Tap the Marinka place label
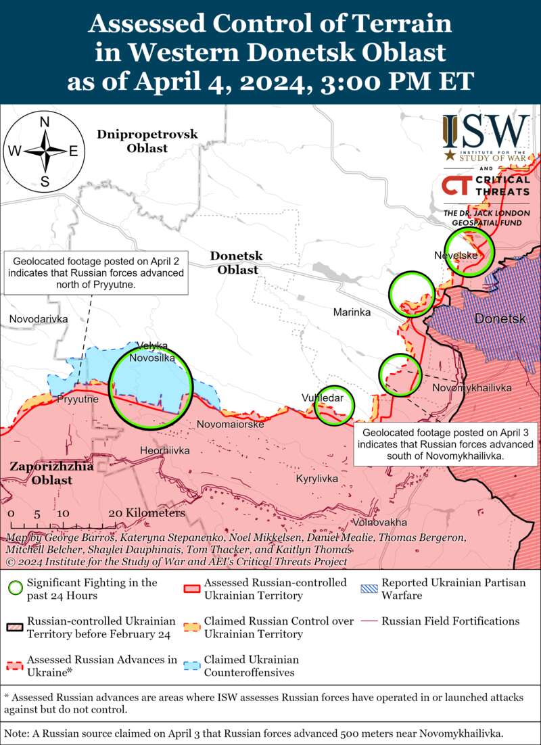(x=352, y=312)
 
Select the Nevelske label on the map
(x=456, y=256)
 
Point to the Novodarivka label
(x=39, y=318)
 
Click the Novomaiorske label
(x=230, y=425)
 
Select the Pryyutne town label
(x=78, y=400)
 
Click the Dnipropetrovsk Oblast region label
(x=147, y=141)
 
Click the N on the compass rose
(x=45, y=122)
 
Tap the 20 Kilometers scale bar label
(x=147, y=513)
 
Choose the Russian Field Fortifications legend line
(x=369, y=621)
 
